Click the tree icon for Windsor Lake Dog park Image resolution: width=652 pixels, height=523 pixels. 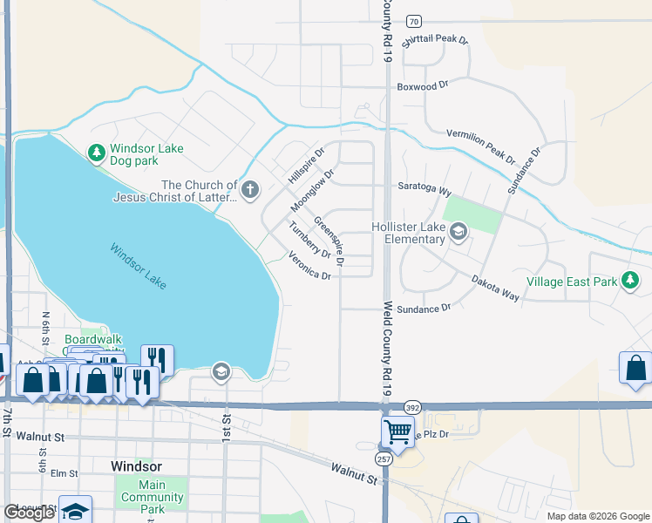97,153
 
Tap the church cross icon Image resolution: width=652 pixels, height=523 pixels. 250,189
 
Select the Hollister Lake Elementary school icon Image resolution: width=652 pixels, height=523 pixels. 458,231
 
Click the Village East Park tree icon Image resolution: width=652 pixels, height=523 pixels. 630,280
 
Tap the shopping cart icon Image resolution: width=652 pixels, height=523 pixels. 397,431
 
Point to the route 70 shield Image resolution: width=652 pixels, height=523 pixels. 414,21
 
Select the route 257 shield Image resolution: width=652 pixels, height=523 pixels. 384,458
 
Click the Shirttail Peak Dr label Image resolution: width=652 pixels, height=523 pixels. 436,40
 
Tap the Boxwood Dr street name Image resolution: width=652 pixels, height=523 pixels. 423,85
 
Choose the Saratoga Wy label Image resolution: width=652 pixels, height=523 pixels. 424,190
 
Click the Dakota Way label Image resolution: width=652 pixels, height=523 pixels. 495,289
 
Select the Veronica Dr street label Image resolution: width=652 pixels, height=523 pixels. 309,266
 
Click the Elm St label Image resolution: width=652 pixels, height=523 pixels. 65,473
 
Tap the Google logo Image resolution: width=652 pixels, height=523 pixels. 29,513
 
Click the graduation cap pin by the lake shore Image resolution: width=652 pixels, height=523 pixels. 221,372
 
